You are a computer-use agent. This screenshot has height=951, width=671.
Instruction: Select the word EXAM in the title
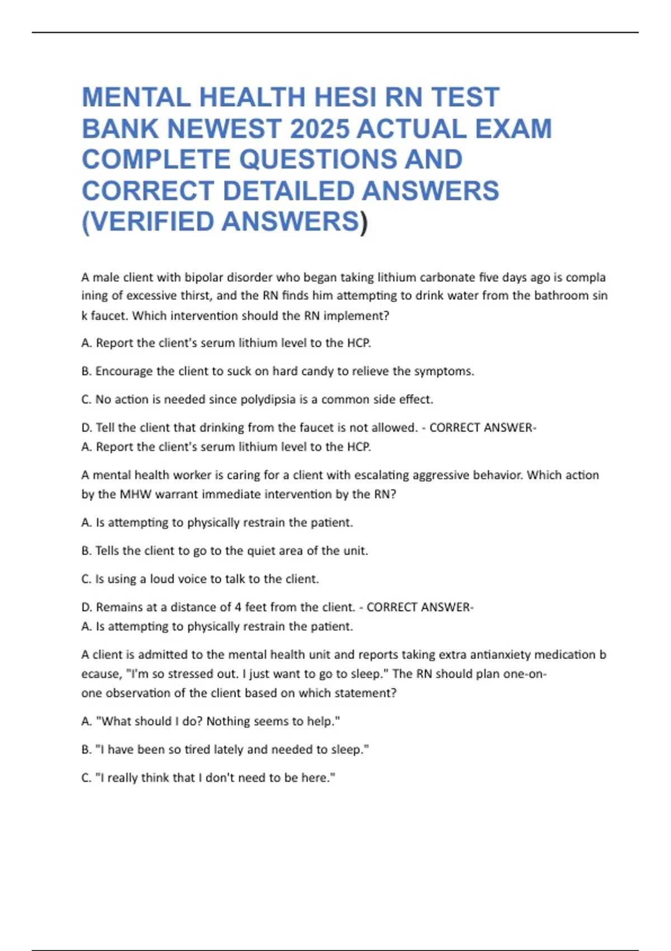click(x=513, y=129)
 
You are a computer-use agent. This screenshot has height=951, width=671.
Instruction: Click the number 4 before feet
click(x=238, y=607)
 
